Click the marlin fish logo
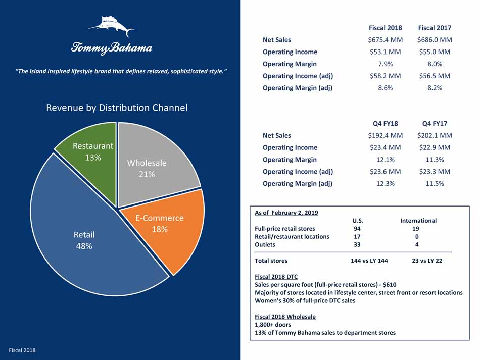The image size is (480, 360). pos(111,26)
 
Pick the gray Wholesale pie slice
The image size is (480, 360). pos(152,162)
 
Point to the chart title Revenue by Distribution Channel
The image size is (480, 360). pos(117,108)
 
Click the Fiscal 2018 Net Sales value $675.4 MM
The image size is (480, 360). pos(385,40)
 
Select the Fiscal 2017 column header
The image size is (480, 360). pos(435,28)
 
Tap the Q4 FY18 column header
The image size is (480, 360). pos(385,123)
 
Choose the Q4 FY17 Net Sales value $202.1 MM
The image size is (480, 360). pos(435,135)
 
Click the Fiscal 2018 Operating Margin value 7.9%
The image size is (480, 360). pos(385,64)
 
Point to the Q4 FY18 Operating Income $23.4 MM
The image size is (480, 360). pos(385,147)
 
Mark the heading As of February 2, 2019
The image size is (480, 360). pos(286,213)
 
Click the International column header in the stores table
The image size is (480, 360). pos(418,221)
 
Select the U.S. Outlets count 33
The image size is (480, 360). pos(357,245)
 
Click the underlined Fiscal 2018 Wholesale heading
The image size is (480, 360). pos(285,317)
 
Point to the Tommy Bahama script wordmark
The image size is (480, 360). pos(111,48)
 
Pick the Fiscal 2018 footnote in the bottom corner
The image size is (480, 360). pos(22,350)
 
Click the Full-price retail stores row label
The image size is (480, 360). pos(285,229)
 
